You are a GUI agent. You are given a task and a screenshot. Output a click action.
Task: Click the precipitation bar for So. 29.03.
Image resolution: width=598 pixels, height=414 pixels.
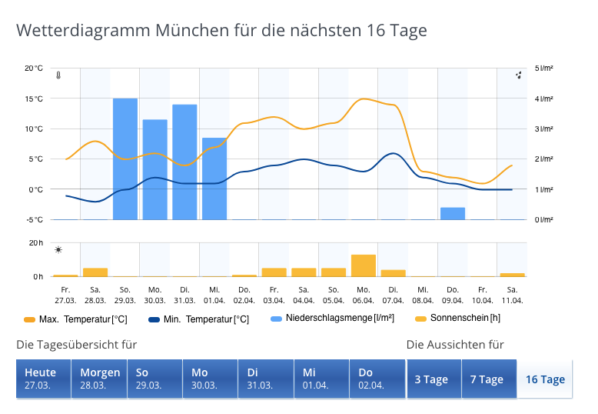(125, 159)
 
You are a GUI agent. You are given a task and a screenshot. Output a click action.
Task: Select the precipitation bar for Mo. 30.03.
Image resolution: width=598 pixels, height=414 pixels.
(155, 169)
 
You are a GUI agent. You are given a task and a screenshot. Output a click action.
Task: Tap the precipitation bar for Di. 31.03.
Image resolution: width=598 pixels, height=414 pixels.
(184, 162)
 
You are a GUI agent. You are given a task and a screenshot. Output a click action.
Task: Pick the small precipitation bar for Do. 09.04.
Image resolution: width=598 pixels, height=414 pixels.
(453, 213)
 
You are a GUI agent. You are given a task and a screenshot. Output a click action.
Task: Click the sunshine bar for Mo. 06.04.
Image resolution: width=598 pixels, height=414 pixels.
(364, 265)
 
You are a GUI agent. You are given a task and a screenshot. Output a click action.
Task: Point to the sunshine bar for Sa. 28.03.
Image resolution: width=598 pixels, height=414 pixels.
(95, 272)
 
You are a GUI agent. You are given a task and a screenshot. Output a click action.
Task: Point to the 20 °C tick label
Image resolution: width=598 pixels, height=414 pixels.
(34, 68)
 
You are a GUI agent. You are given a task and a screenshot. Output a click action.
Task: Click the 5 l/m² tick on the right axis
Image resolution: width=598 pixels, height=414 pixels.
(543, 68)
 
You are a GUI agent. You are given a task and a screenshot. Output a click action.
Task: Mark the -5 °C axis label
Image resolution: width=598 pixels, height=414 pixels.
(34, 219)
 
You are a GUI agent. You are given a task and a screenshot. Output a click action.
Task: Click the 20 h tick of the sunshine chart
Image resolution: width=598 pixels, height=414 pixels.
(35, 243)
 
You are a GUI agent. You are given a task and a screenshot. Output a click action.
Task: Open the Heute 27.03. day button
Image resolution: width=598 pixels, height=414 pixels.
(43, 379)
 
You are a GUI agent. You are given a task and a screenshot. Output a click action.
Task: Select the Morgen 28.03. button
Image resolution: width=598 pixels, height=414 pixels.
(99, 379)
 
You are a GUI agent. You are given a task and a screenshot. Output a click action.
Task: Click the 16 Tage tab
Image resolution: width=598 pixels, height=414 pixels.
(545, 379)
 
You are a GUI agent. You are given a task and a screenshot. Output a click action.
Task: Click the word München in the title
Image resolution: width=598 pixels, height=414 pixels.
(195, 31)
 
